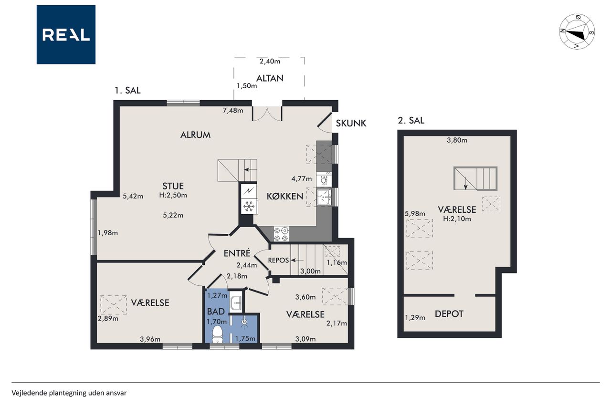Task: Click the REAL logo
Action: point(66,35)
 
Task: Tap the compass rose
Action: point(577,31)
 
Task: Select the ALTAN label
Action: point(270,78)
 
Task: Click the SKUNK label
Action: point(351,123)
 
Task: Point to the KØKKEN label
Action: point(285,196)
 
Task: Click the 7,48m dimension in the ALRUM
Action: point(233,110)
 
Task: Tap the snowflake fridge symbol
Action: point(249,206)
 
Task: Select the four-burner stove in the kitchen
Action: point(281,234)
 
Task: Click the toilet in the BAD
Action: point(217,334)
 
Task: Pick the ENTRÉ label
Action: point(237,253)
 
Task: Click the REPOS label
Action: point(278,261)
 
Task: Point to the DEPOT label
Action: point(449,314)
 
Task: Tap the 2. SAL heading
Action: point(411,120)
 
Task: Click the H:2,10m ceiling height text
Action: point(457,219)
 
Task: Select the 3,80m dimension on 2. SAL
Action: point(457,140)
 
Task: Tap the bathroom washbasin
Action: point(236,302)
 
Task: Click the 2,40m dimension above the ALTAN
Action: point(270,62)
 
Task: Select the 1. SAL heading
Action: point(127,90)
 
